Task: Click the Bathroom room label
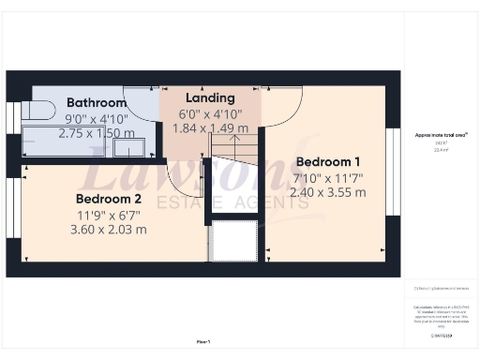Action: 96,103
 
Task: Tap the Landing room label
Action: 210,98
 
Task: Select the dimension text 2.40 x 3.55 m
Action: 327,191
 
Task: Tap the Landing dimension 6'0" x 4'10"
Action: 210,113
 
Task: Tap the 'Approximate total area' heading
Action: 441,135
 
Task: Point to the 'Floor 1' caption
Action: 202,341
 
